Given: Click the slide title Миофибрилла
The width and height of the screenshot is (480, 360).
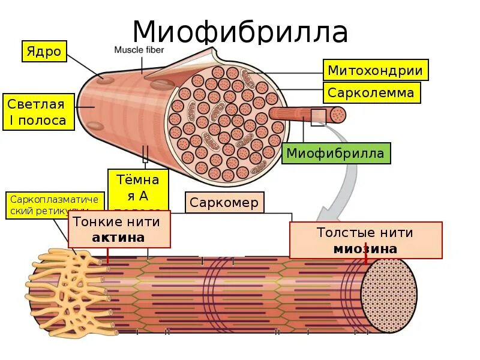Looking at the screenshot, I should coord(240,31).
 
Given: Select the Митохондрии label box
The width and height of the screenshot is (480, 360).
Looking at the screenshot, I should coord(375,70).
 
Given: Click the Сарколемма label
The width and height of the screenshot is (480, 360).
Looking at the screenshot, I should coord(371,92).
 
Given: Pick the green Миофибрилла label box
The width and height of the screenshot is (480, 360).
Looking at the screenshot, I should coord(335,153).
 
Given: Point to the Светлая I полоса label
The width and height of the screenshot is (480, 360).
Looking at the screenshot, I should coord(38,112).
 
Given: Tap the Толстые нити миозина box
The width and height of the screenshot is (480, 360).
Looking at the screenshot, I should coord(365,240).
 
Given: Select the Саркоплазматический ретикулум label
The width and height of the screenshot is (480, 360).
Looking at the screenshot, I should coord(54,205).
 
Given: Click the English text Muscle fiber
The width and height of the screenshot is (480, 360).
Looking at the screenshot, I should coord(139,50).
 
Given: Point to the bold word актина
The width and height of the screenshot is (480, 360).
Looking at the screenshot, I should coord(118,238).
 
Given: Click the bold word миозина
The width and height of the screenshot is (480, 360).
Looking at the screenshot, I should coord(365,248).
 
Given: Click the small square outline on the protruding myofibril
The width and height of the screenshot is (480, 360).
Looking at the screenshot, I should coord(318,116).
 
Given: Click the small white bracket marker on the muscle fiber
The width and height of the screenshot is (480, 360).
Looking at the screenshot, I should coord(145,154).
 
